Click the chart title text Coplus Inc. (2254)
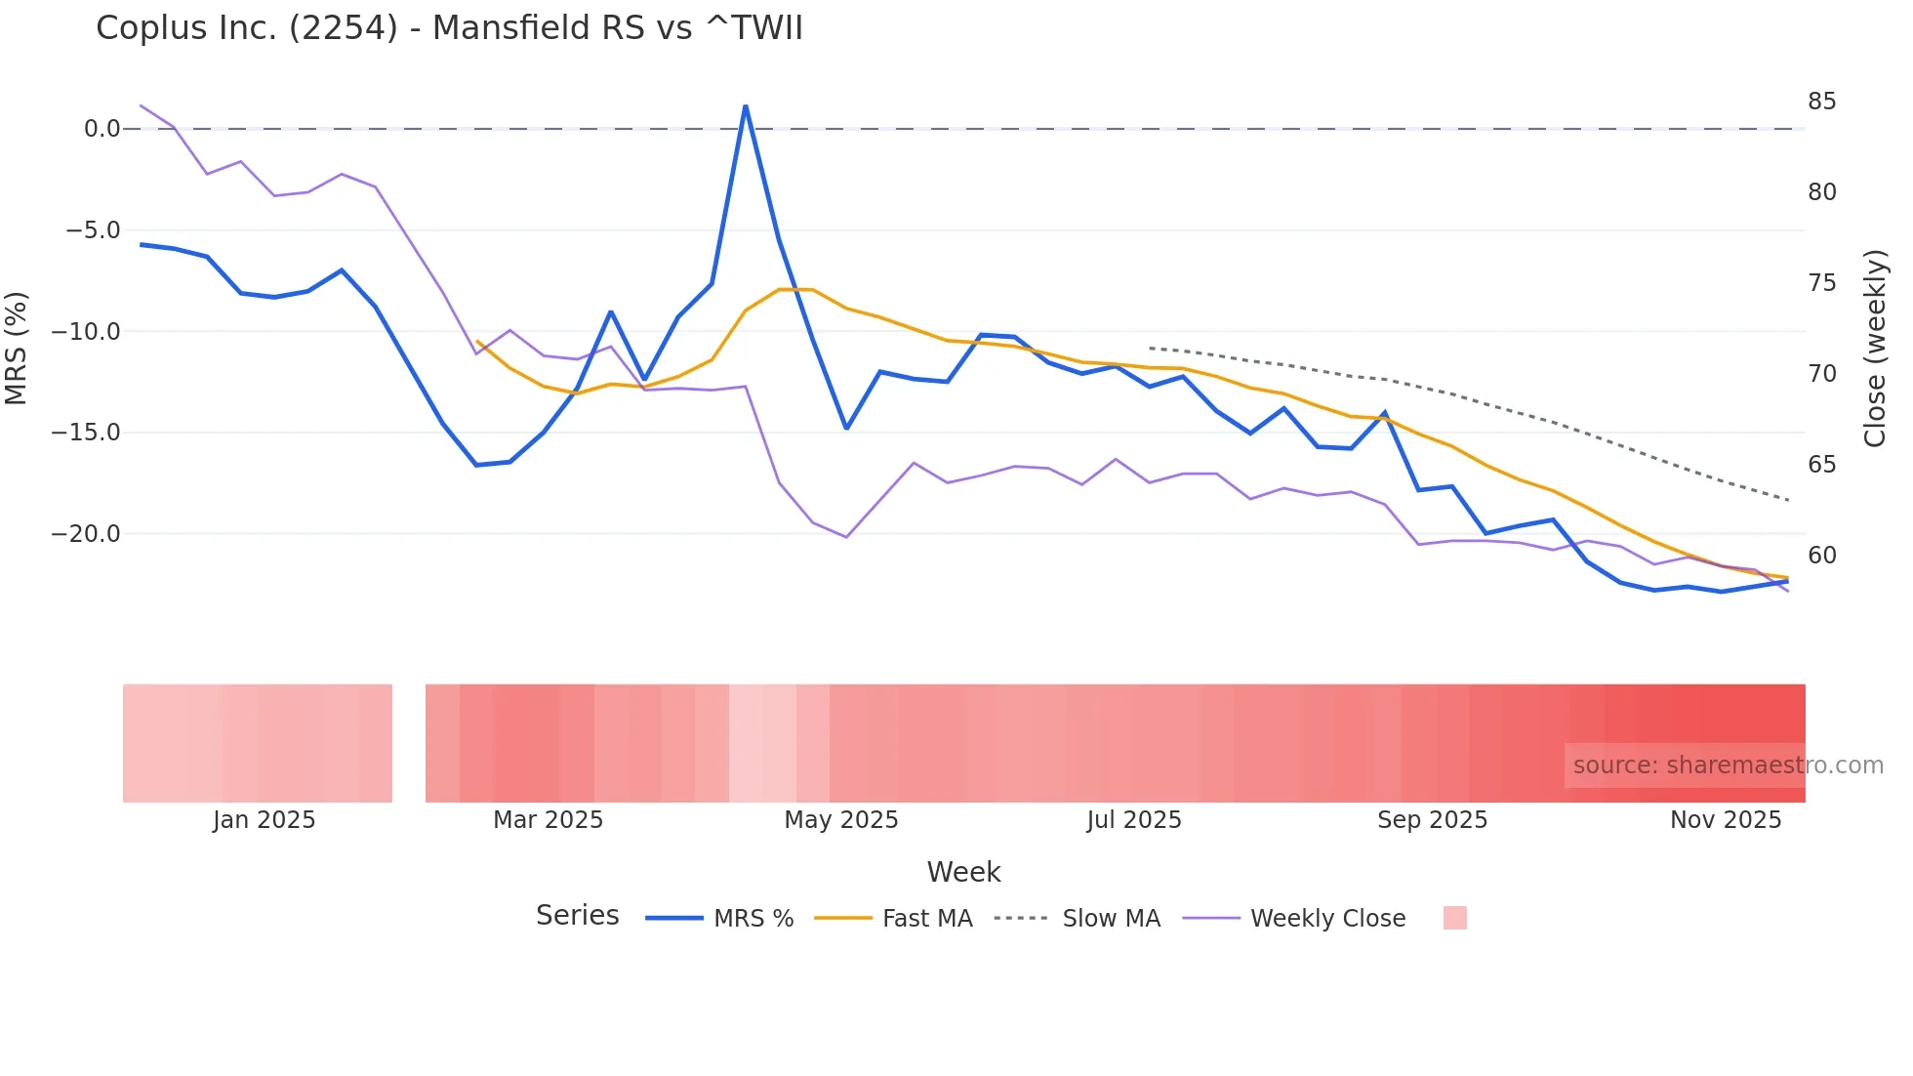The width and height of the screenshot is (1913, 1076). [x=449, y=27]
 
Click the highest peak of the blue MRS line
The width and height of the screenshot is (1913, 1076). [x=746, y=106]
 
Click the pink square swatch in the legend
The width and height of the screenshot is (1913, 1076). [x=1454, y=918]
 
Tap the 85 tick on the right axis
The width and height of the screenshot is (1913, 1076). [x=1821, y=102]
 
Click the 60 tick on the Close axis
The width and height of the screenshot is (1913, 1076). [x=1821, y=556]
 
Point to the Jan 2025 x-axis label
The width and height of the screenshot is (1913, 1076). [x=264, y=820]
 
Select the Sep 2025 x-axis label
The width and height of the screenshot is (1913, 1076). [x=1432, y=820]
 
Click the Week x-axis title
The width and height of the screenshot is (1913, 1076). [x=963, y=872]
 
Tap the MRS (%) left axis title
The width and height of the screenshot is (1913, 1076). [x=17, y=348]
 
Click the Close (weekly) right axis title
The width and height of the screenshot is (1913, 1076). [x=1875, y=349]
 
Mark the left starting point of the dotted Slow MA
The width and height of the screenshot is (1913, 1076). [x=1151, y=348]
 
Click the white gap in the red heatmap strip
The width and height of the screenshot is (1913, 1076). [x=409, y=743]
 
